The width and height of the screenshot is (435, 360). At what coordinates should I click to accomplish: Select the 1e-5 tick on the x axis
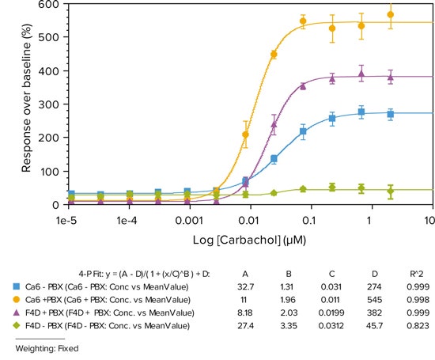click(70, 218)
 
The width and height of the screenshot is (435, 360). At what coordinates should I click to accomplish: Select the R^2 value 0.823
click(411, 326)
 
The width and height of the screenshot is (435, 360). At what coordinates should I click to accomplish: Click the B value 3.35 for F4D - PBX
click(286, 326)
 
